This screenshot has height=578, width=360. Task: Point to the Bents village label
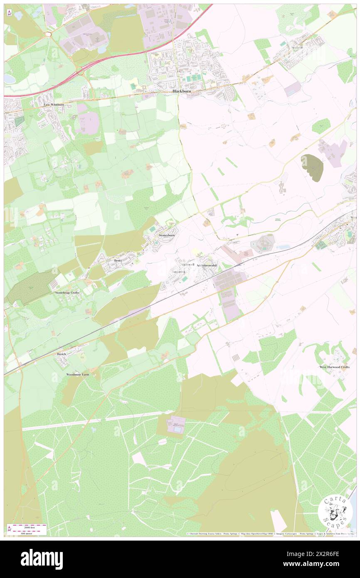(x=118, y=260)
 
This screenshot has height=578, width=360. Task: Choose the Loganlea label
(x=178, y=272)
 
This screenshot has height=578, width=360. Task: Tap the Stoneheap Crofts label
(x=67, y=293)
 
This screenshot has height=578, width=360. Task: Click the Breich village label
(x=62, y=354)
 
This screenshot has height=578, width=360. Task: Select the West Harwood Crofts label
(x=334, y=367)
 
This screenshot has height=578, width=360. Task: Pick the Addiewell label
(x=187, y=264)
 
